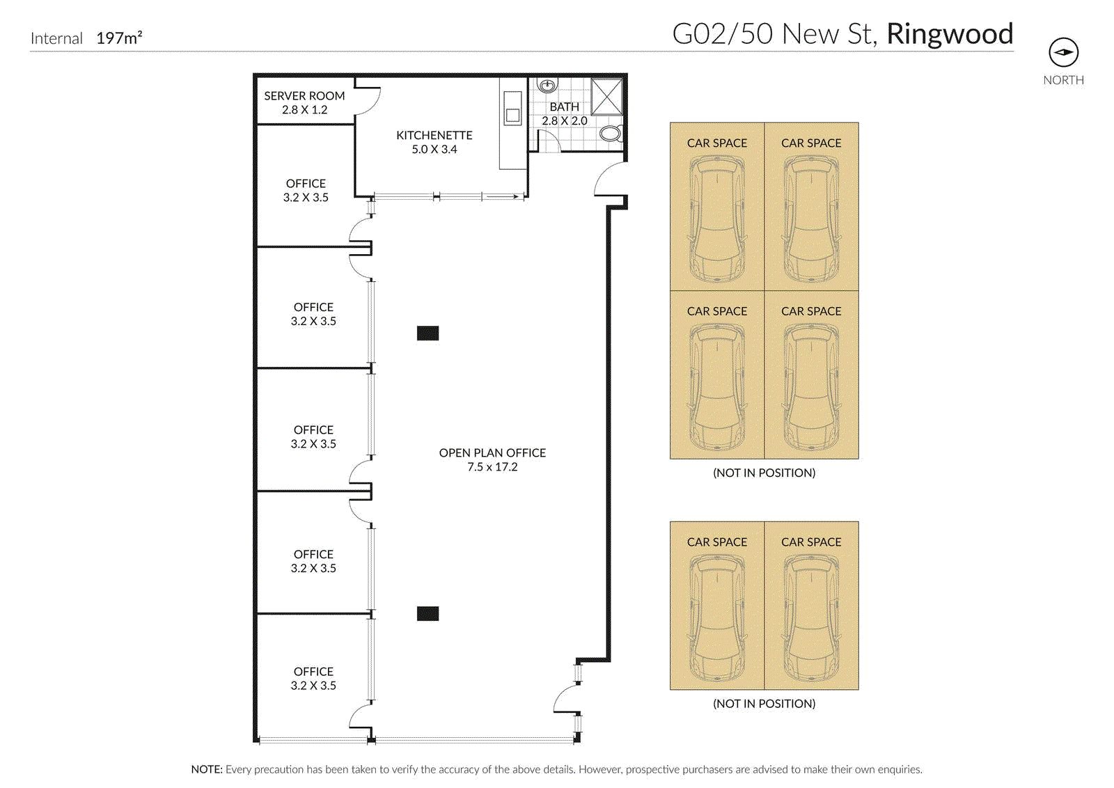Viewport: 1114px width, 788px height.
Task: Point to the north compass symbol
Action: pos(1063,53)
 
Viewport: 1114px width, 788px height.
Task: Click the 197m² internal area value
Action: pos(119,38)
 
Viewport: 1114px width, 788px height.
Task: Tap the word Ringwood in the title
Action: pos(950,34)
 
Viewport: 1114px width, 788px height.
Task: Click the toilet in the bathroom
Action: pos(610,133)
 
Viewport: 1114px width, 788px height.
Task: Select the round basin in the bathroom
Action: pos(547,85)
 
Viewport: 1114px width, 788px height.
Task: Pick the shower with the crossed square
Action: pos(606,97)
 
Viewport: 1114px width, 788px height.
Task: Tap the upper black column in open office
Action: pos(427,333)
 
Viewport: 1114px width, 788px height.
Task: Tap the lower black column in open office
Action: pos(427,613)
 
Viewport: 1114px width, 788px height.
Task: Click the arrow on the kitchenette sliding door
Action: pos(502,197)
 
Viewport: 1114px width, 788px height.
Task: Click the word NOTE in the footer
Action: pos(207,769)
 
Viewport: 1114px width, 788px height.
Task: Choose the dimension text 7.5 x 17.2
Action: pos(492,467)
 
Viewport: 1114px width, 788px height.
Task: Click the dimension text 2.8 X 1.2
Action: pos(304,110)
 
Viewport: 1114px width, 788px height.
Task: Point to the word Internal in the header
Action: pos(56,38)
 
